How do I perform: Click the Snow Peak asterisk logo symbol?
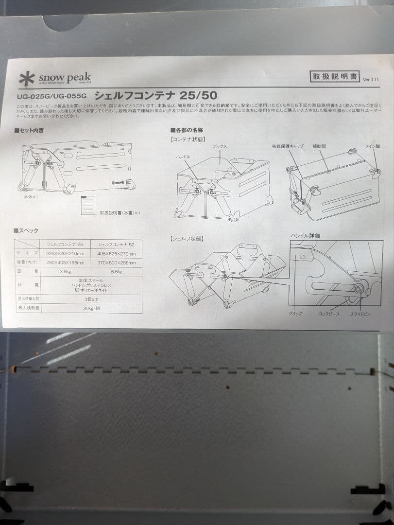pos(27,79)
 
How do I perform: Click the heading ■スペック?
pos(27,230)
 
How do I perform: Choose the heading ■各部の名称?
pos(187,130)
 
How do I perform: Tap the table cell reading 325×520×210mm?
pos(65,253)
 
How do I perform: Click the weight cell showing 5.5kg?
pos(117,272)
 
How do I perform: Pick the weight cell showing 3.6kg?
pos(65,272)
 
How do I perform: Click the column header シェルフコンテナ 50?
pos(117,244)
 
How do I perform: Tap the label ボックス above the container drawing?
pos(220,146)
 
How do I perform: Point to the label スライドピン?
pos(360,314)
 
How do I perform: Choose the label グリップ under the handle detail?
pos(295,314)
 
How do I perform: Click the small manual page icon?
pos(87,205)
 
